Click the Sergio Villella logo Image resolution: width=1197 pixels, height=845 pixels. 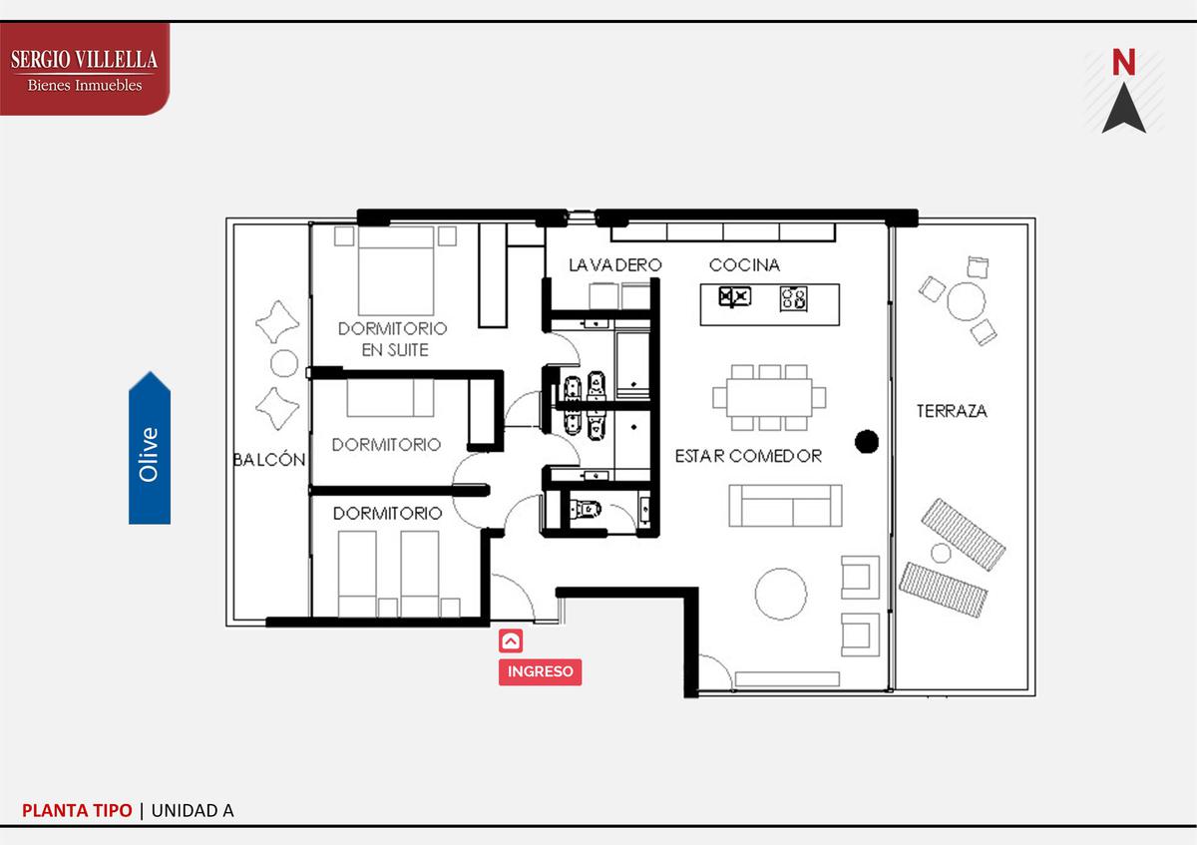(85, 69)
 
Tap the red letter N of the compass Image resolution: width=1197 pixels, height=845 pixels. (1123, 63)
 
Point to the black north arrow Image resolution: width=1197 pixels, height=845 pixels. (1124, 108)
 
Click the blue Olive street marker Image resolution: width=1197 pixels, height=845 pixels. (150, 448)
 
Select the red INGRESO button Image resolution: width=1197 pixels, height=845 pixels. (540, 671)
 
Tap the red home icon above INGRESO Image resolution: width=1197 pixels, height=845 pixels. (511, 640)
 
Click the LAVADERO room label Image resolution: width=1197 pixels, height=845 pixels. (615, 265)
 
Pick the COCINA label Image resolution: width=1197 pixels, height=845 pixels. (744, 265)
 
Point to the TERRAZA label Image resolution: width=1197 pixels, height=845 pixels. (952, 411)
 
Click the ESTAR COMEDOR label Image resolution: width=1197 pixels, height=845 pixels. (748, 456)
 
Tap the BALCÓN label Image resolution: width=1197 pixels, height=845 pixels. (269, 460)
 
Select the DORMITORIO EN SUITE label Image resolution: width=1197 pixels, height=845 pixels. (393, 339)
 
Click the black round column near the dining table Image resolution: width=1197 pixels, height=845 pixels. (867, 442)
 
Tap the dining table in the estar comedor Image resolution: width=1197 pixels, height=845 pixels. (769, 398)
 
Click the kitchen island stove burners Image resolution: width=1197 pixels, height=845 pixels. (794, 298)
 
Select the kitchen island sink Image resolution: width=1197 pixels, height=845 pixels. (735, 297)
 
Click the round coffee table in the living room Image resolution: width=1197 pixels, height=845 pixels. (781, 594)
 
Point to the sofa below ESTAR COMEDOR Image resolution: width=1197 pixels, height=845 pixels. (786, 506)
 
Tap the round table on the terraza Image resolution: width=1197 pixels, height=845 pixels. (967, 301)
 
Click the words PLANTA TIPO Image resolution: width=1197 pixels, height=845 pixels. (77, 811)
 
